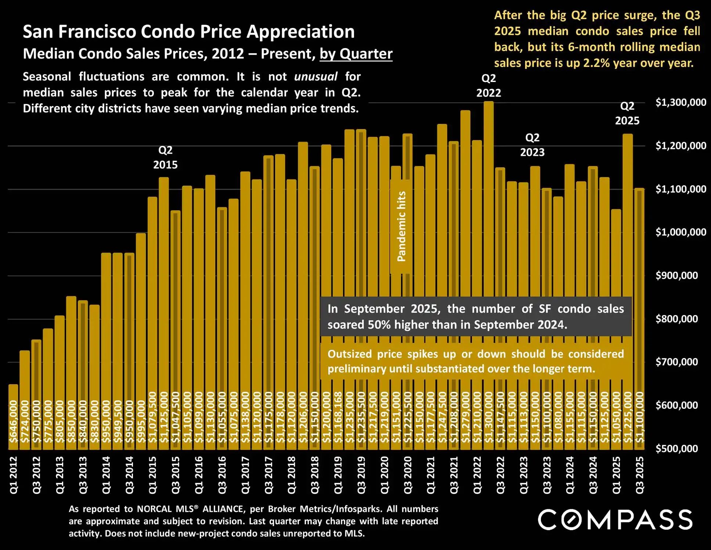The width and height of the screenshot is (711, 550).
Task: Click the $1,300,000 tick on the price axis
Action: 681,102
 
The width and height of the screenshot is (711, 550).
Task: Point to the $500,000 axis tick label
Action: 676,449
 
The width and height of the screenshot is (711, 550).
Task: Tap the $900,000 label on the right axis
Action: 676,275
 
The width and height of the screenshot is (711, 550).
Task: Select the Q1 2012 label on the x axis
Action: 13,475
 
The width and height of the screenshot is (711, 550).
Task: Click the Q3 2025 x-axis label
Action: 640,475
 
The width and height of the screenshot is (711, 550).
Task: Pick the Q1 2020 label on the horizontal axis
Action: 385,475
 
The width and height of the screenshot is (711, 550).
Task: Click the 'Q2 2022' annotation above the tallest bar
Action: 488,85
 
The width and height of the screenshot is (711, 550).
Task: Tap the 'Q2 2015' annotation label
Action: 165,157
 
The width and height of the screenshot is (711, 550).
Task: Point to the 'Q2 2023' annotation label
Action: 532,145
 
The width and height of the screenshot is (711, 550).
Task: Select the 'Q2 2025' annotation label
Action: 627,113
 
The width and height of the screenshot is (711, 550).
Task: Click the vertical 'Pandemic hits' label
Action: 401,226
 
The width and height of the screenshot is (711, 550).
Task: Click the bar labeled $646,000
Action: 13,417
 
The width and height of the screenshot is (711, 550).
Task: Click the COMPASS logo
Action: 615,519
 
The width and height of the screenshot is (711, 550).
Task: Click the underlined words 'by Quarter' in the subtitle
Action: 356,54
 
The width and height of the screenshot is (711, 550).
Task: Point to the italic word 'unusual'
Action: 315,76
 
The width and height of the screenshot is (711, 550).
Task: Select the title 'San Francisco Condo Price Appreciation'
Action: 189,32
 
